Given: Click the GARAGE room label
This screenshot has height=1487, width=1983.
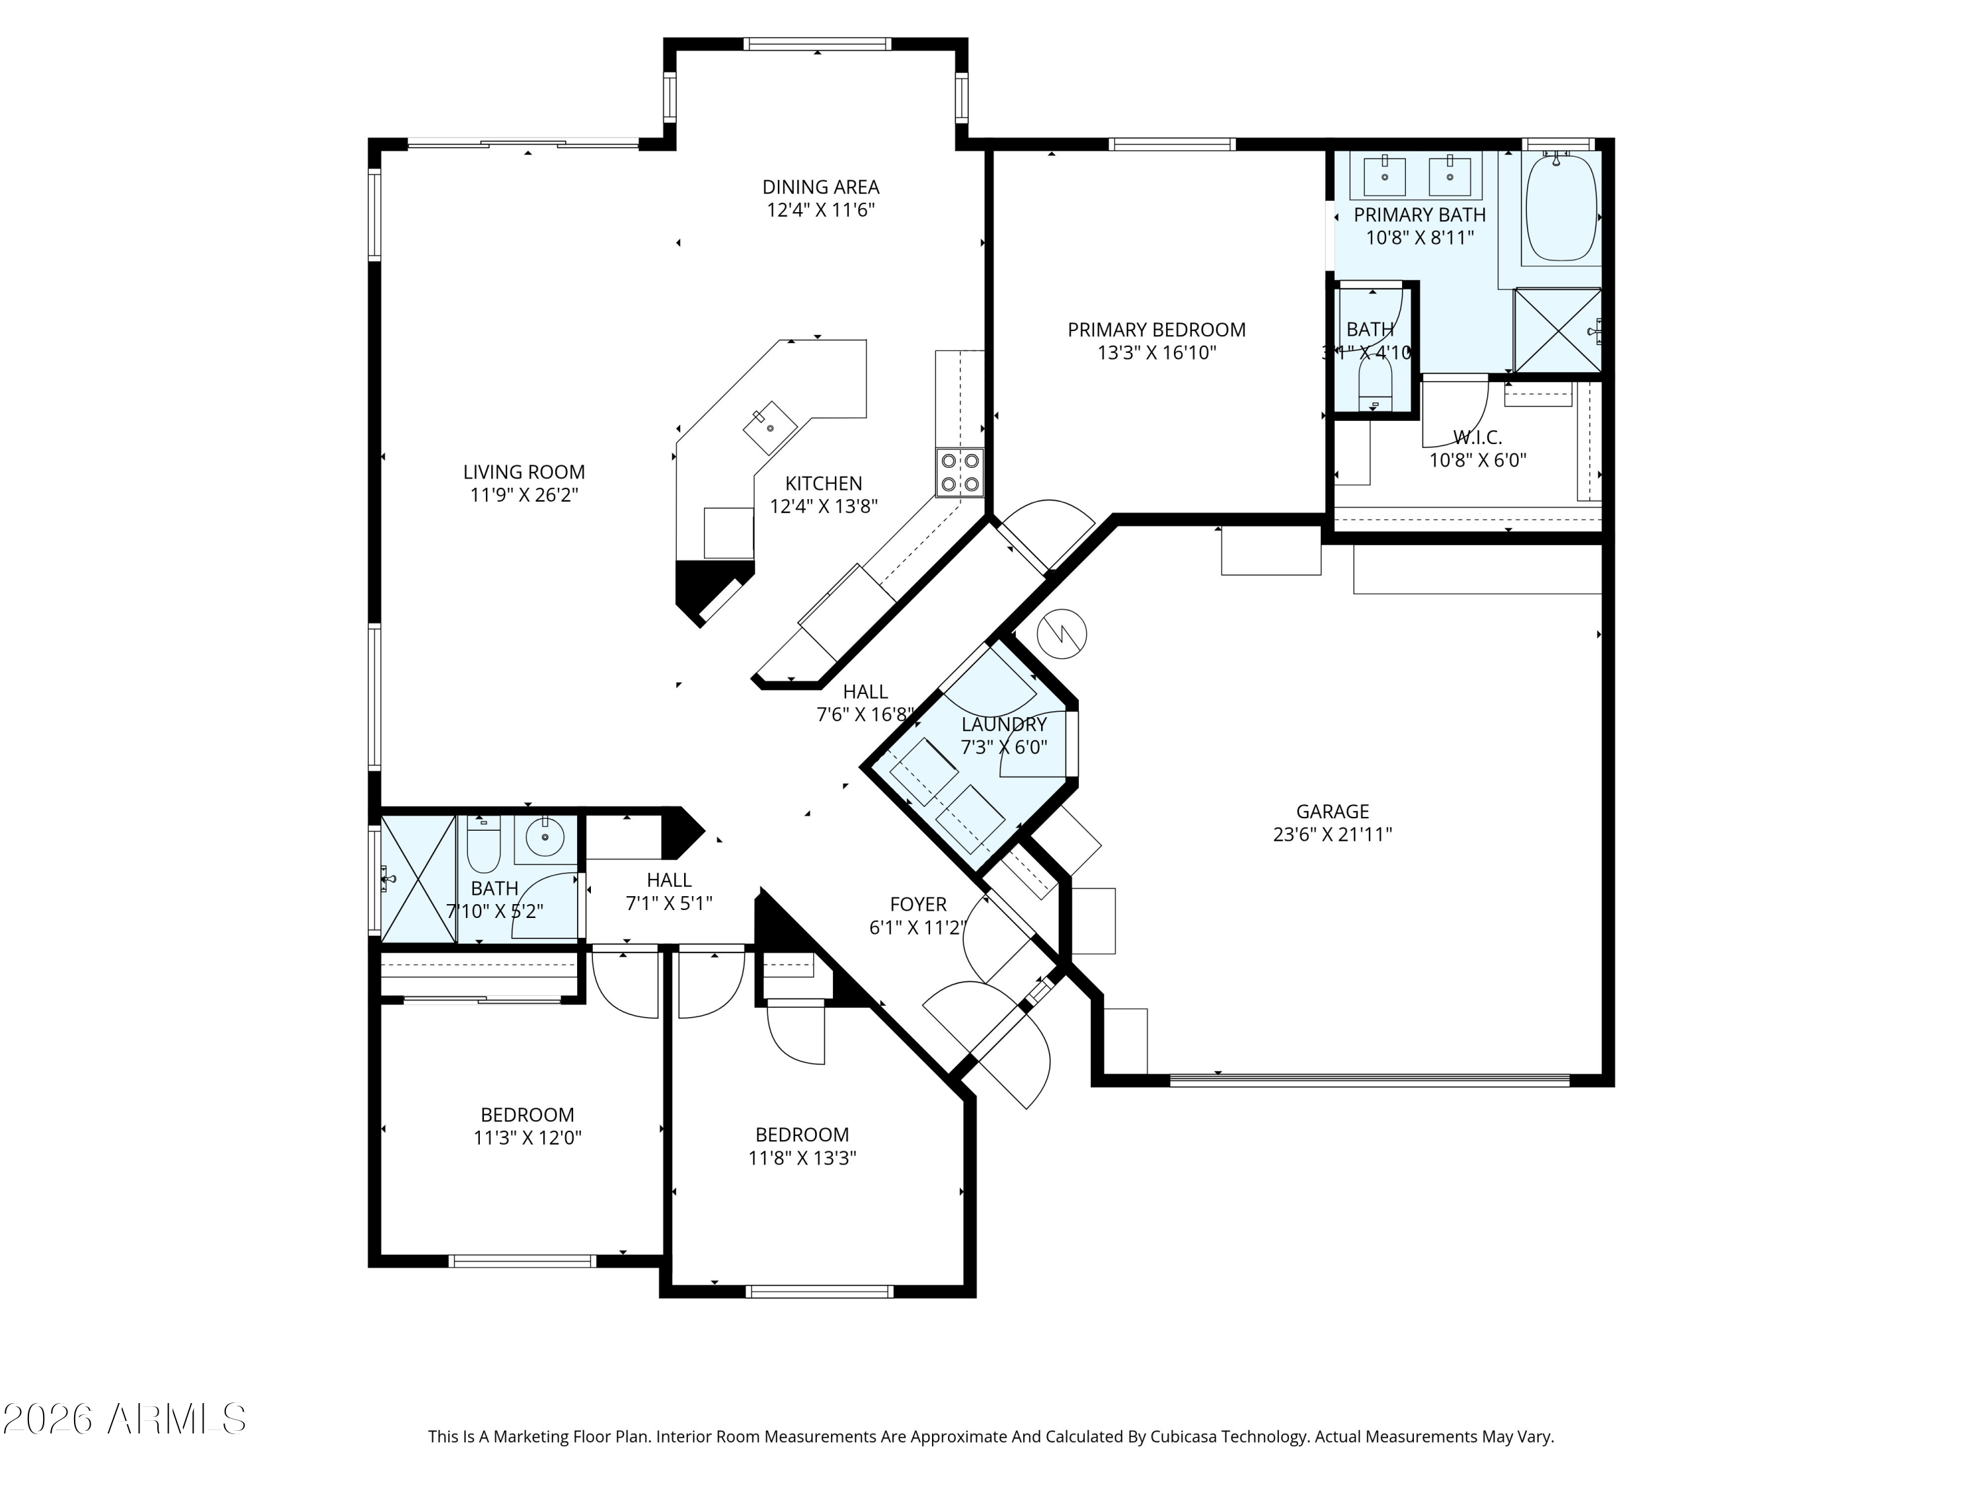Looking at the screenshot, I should (1332, 811).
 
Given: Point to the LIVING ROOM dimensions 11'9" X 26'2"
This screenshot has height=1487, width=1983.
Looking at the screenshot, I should (524, 495).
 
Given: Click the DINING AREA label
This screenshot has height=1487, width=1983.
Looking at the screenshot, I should (820, 187).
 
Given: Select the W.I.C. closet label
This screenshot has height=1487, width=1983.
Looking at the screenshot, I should (1477, 438).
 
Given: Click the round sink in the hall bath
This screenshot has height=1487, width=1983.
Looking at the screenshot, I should (543, 837).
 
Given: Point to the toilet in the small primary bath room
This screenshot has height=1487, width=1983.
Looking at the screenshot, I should (1374, 383).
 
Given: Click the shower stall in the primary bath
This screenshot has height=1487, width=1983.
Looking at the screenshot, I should (1557, 330).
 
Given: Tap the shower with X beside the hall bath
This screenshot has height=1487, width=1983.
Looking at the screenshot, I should (418, 879).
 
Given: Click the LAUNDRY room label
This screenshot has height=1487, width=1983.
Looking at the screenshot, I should (1003, 724).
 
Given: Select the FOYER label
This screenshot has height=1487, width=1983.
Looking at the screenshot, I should (918, 904).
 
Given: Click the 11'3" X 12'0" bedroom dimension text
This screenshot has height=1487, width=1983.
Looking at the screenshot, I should (527, 1138).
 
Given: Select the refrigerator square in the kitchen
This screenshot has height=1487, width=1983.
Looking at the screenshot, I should (728, 533).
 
